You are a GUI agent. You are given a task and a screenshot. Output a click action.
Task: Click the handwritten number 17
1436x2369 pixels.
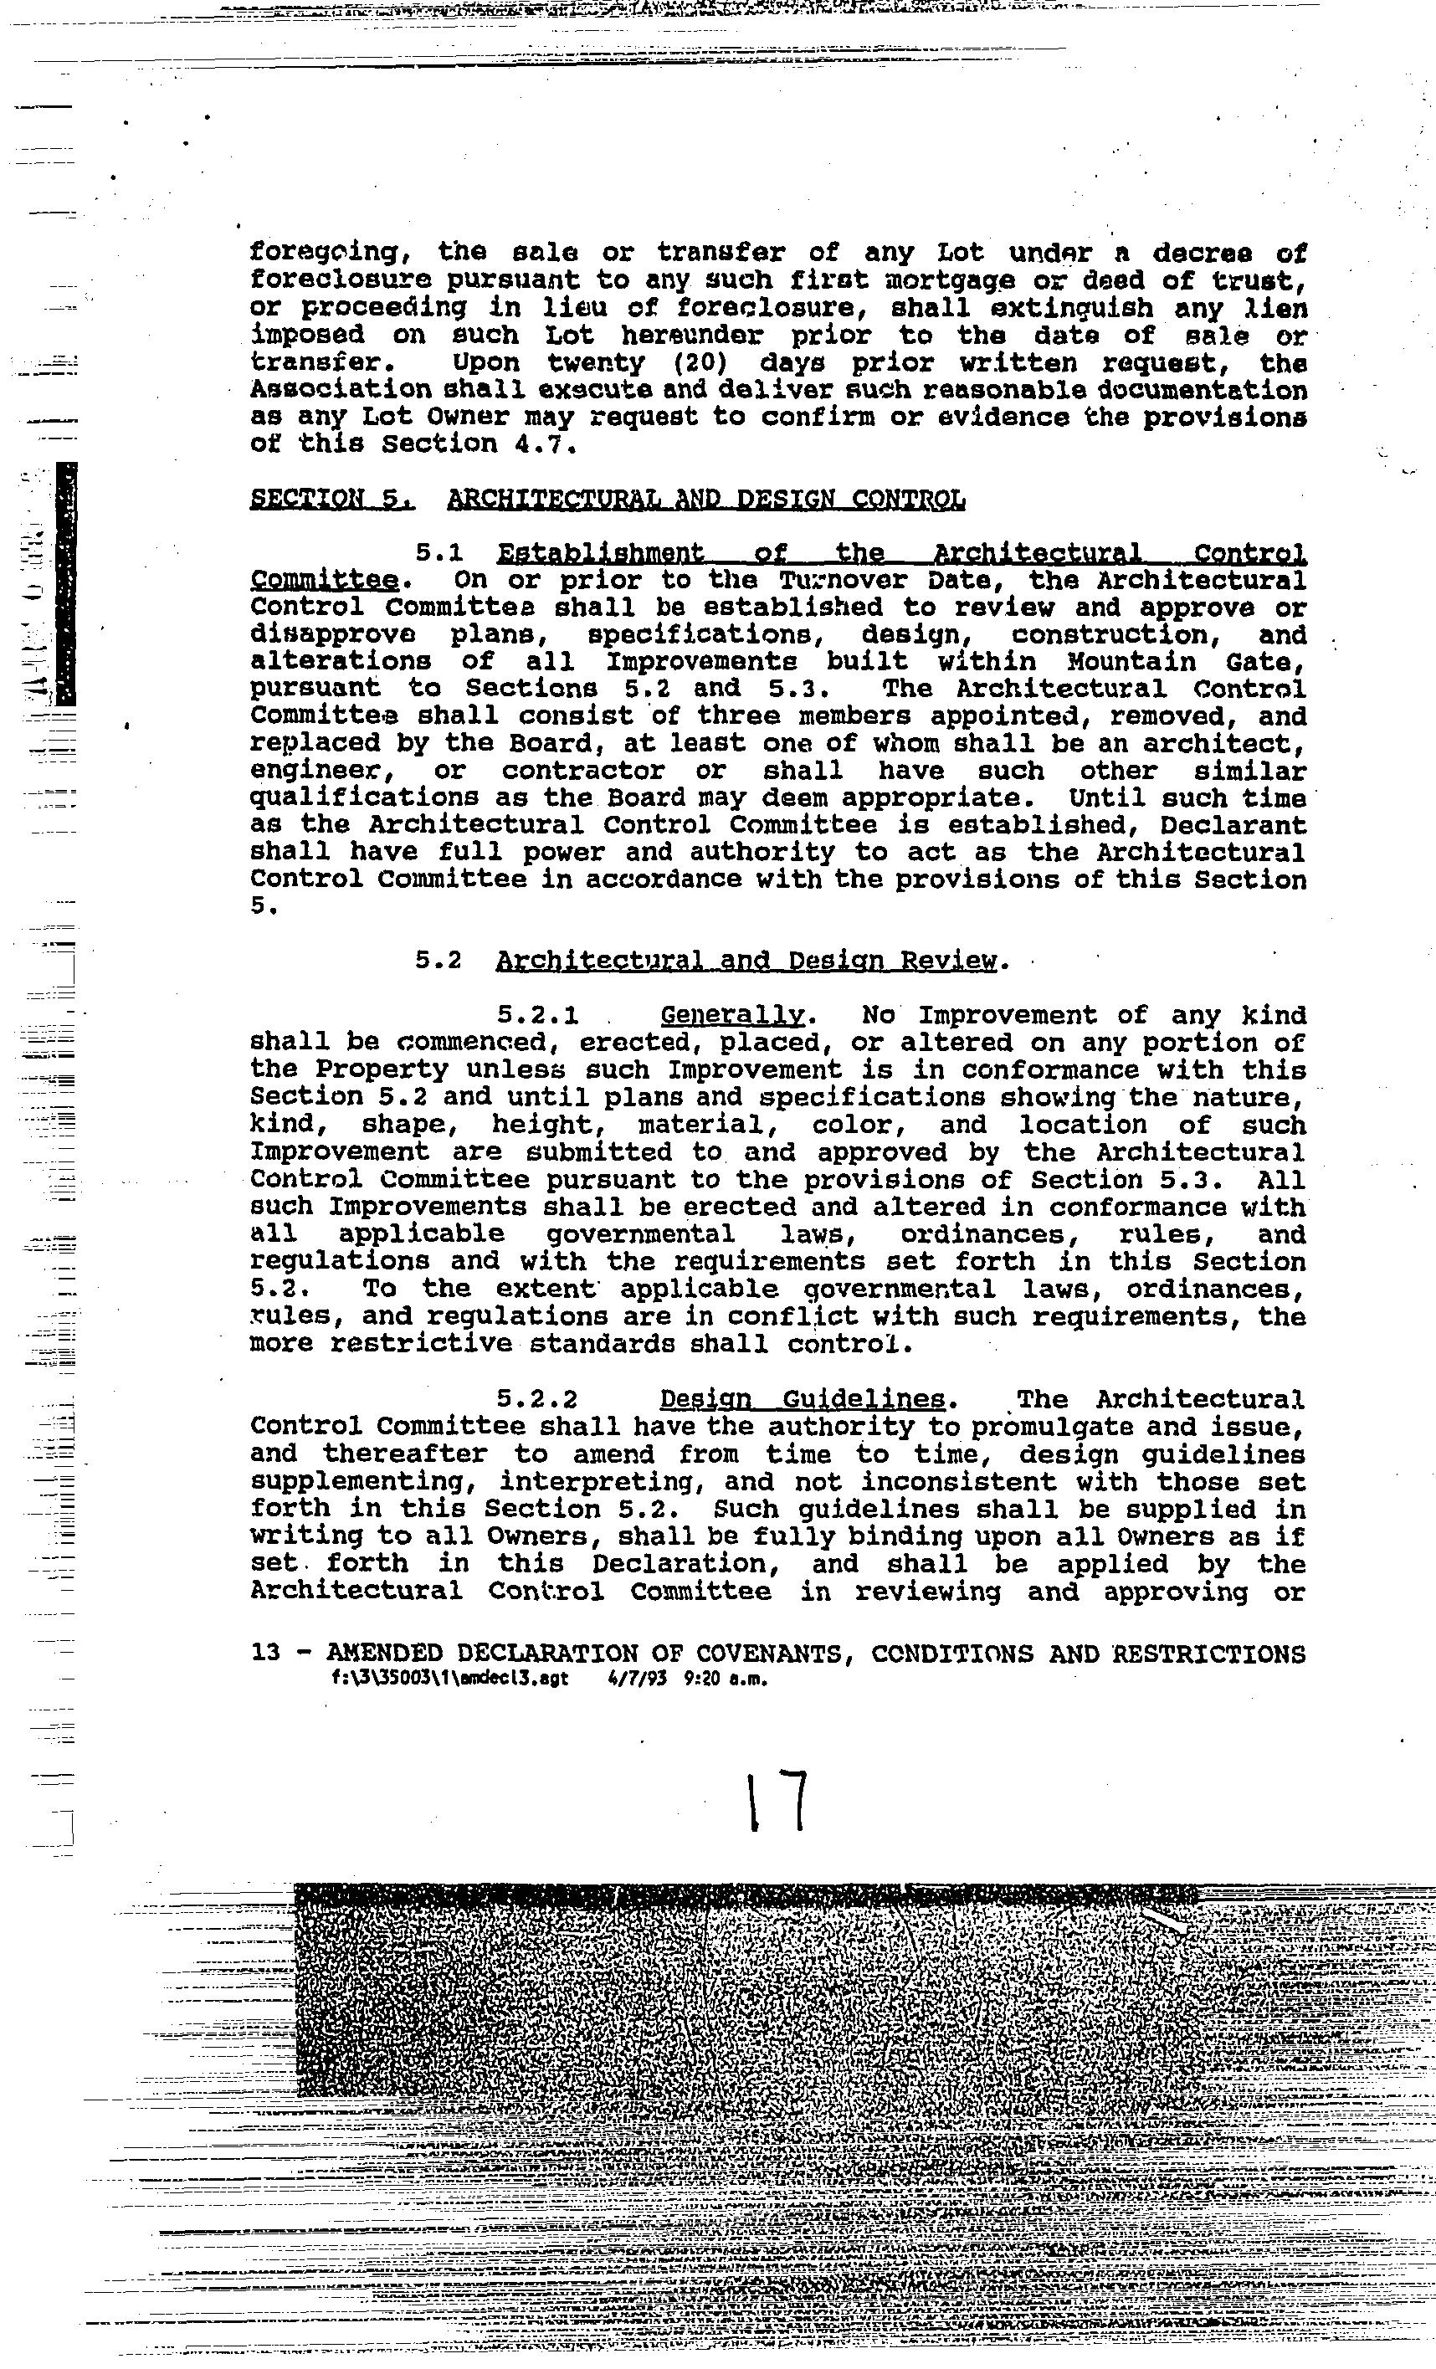[x=777, y=1802]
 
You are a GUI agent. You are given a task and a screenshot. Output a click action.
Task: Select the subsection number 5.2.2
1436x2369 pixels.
[x=537, y=1399]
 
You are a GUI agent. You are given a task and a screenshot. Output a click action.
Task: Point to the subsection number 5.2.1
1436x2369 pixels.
[x=537, y=1016]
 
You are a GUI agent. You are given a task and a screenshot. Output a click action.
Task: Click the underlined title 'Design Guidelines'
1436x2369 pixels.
[x=803, y=1399]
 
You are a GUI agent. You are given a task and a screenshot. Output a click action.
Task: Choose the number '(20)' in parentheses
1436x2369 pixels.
[x=705, y=363]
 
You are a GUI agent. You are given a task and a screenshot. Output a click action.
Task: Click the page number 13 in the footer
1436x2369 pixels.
[x=265, y=1654]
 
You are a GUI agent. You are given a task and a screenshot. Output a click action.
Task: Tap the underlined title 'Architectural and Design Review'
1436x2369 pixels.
[x=746, y=961]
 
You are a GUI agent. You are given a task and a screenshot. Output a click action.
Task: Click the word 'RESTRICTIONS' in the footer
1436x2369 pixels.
[x=1208, y=1654]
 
